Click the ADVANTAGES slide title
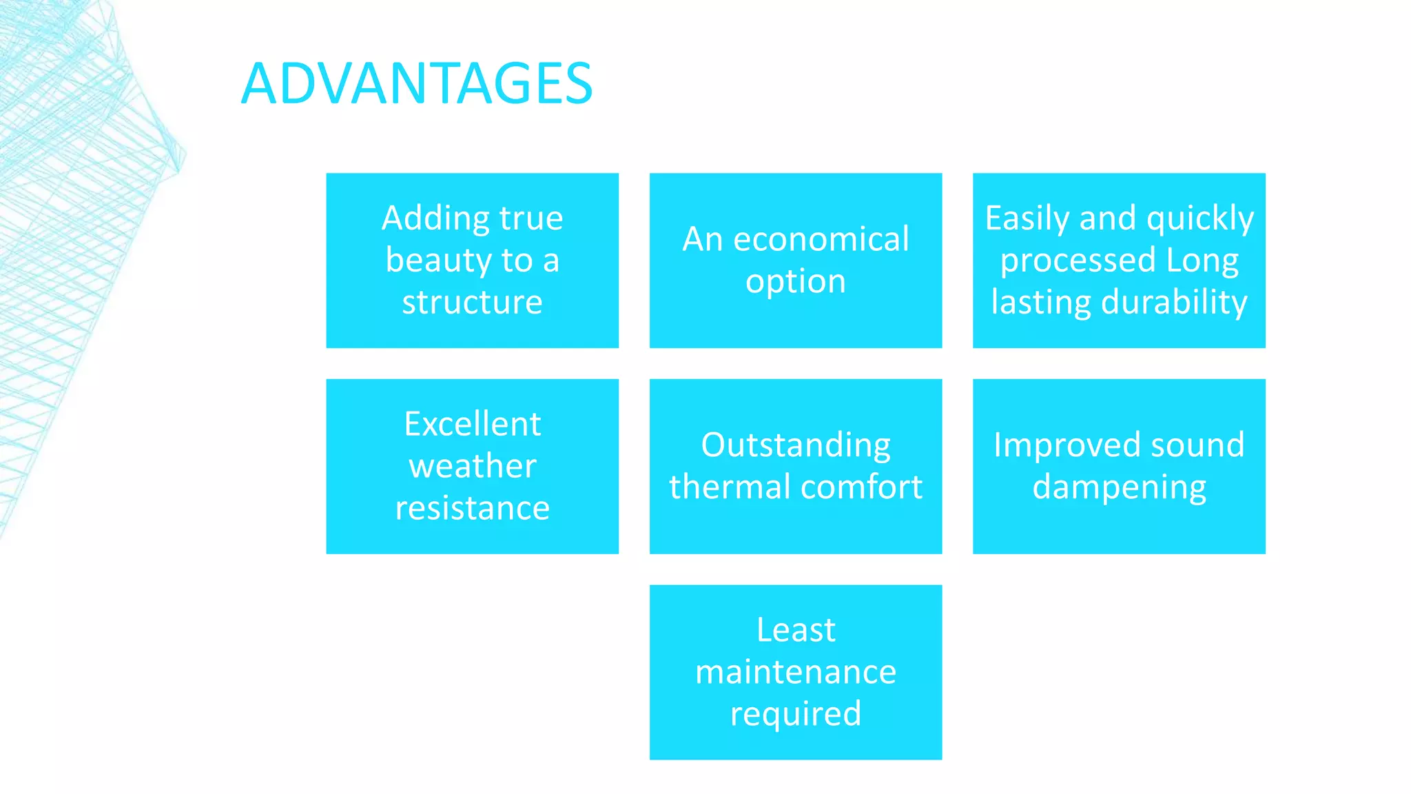[416, 84]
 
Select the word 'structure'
[472, 303]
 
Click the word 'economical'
[821, 240]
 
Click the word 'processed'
[1078, 261]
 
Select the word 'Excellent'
[472, 424]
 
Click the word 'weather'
[472, 467]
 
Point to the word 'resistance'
[472, 509]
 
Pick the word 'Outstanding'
[795, 445]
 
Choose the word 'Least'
[795, 630]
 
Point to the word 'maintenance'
[795, 672]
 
